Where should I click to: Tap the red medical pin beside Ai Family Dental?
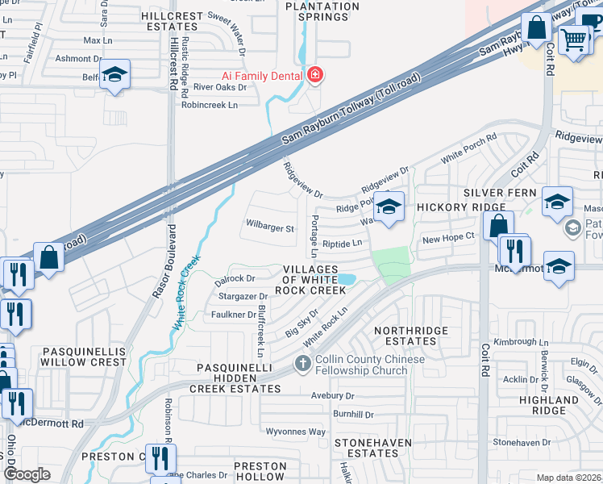314,77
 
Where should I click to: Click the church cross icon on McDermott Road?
302,365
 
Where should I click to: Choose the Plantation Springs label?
323,12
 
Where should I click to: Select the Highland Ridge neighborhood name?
549,405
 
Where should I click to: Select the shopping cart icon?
574,38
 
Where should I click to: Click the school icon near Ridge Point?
389,207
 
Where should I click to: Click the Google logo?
27,474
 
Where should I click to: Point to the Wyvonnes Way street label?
296,432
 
